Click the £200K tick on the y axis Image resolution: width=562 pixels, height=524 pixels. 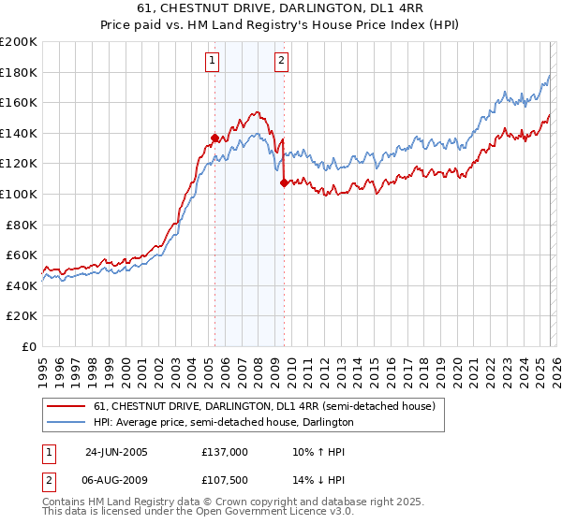click(19, 42)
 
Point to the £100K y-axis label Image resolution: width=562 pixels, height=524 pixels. click(19, 194)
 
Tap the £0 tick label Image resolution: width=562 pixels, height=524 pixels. click(28, 346)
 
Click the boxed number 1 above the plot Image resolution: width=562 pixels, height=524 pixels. click(212, 62)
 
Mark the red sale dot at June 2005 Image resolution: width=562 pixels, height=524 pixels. click(214, 138)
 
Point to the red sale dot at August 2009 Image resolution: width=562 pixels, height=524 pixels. click(283, 183)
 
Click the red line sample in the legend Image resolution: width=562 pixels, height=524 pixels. click(67, 407)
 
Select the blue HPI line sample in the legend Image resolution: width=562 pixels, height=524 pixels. click(67, 423)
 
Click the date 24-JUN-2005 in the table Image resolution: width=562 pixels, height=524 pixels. click(116, 452)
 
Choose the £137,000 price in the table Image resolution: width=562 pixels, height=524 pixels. click(225, 452)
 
